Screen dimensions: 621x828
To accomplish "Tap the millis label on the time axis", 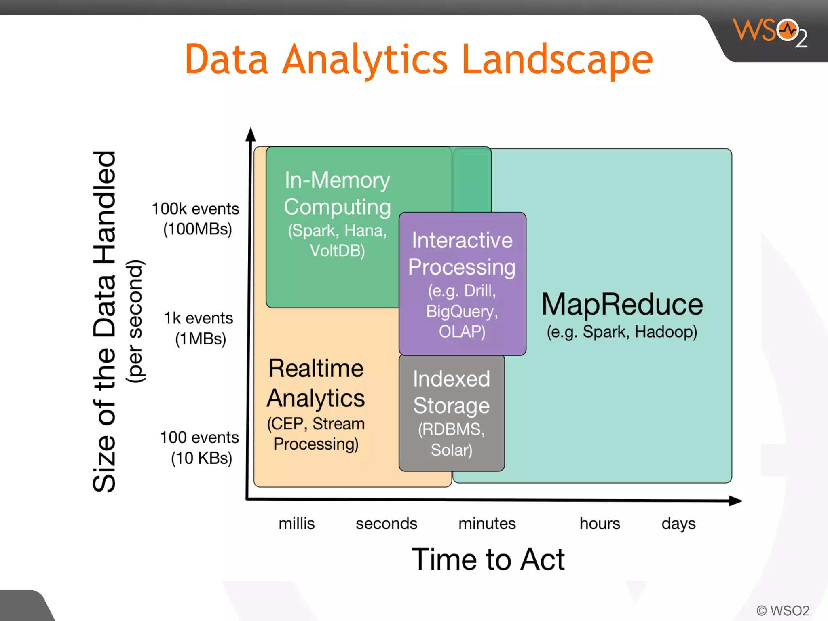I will coord(296,524).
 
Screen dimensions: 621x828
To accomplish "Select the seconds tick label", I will coord(386,524).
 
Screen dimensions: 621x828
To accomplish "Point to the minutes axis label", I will coord(487,524).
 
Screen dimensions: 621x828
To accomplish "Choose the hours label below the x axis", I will coord(600,524).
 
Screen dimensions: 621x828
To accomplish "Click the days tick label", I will coord(678,524).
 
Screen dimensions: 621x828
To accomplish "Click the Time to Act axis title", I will coord(488,560).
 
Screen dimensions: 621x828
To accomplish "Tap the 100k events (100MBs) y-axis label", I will coord(196,219).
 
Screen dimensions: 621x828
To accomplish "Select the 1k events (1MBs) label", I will coord(199,328).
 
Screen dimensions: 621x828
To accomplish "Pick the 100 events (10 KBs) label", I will coord(200,448).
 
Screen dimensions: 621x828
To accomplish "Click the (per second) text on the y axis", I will coord(135,321).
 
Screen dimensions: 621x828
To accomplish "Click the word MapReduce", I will coord(622,304).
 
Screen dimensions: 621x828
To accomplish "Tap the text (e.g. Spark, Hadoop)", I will coord(622,332).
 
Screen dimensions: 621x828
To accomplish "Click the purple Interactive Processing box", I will coord(462,283).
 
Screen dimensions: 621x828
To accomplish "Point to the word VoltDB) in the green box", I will coord(337,251).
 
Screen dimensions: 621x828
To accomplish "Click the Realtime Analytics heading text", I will coord(316,383).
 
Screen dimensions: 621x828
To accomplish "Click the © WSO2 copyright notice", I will coord(783,610).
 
